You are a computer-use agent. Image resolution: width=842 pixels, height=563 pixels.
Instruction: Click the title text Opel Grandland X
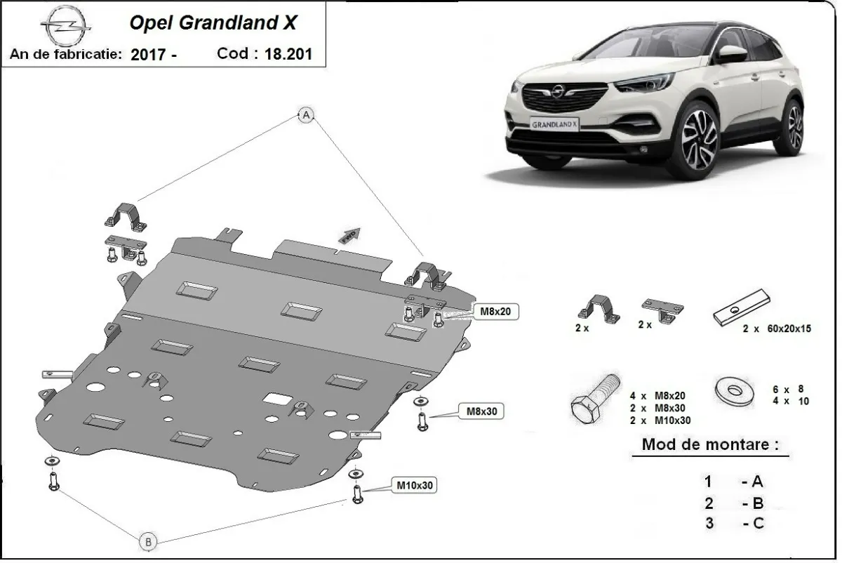[213, 22]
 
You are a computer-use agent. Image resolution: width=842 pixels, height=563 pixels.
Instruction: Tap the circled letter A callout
[305, 116]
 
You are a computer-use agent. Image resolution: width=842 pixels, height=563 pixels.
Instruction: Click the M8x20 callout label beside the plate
[497, 311]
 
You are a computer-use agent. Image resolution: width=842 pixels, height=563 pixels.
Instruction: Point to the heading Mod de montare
[709, 444]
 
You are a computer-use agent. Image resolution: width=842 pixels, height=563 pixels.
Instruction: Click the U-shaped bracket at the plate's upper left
[126, 214]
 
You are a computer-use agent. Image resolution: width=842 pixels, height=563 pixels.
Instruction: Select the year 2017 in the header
[148, 55]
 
